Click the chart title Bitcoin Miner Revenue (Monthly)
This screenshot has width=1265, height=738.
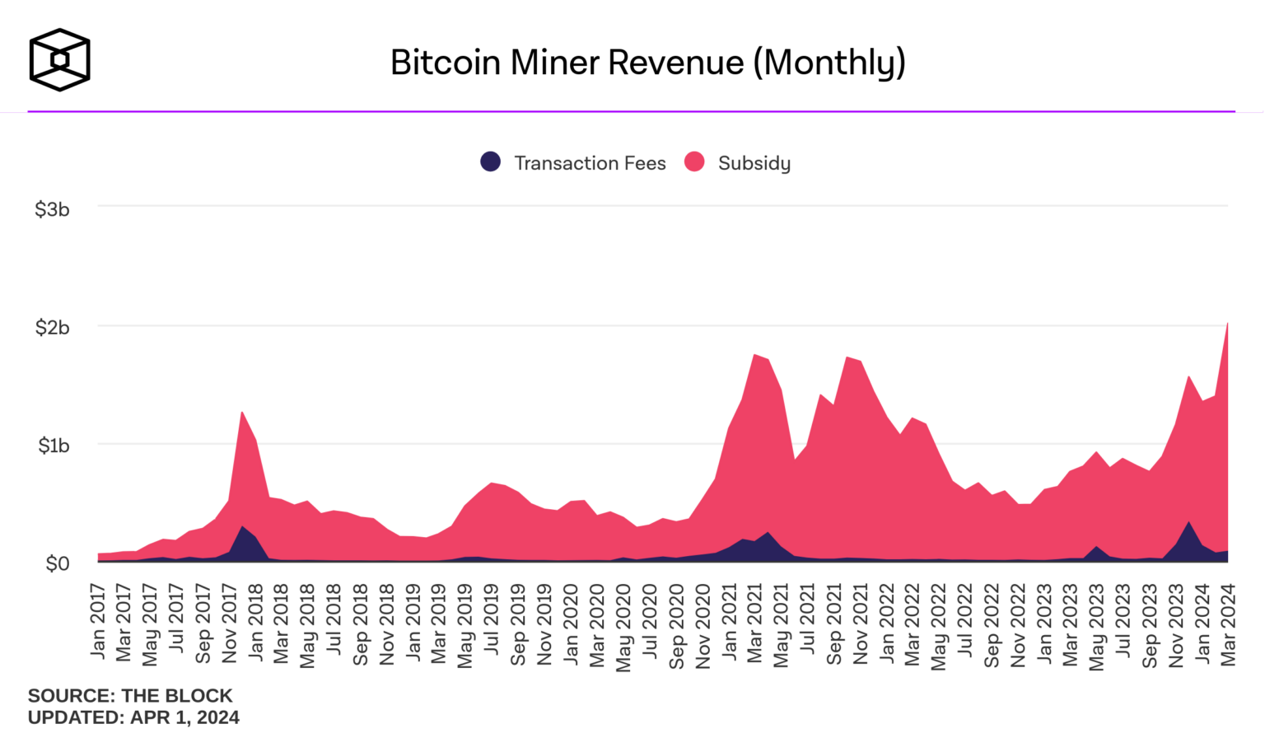(x=647, y=63)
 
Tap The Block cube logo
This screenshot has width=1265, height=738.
(x=59, y=59)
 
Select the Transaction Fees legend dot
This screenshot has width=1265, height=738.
(x=491, y=162)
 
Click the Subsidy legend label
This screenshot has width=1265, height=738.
(x=754, y=163)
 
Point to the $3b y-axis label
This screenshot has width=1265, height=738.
(x=52, y=209)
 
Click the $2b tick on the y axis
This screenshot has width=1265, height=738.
(x=52, y=328)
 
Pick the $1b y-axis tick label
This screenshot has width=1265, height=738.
(x=54, y=446)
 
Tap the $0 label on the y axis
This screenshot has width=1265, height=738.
(x=58, y=564)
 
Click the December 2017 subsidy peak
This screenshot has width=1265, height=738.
(x=242, y=412)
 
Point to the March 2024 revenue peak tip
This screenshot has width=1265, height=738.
(x=1227, y=324)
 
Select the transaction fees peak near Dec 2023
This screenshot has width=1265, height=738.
(x=1188, y=522)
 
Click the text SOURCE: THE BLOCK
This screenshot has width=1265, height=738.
(x=130, y=696)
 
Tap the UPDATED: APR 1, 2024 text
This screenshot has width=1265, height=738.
(x=133, y=717)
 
